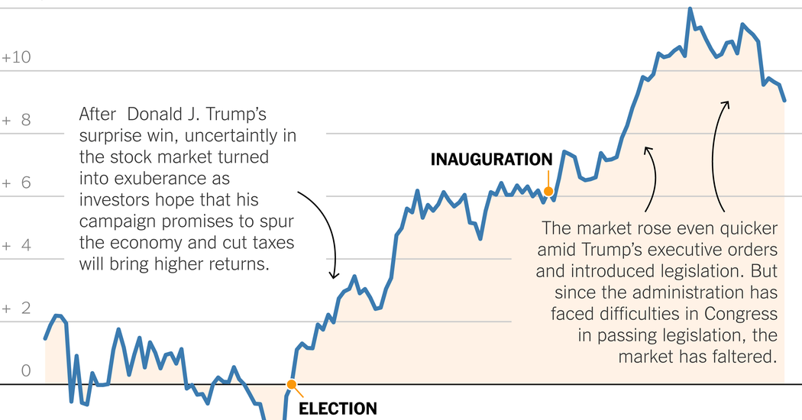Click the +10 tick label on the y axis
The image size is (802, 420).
[16, 58]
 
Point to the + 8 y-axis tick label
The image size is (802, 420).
[16, 121]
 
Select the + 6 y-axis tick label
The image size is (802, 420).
[16, 183]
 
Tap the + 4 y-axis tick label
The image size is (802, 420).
[16, 246]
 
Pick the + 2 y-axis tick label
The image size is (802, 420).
[16, 309]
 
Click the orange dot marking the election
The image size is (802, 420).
[290, 385]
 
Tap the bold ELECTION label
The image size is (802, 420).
[337, 409]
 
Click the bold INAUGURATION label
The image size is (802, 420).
[491, 160]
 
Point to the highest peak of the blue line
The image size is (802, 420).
[690, 9]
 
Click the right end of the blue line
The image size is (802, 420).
[784, 100]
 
